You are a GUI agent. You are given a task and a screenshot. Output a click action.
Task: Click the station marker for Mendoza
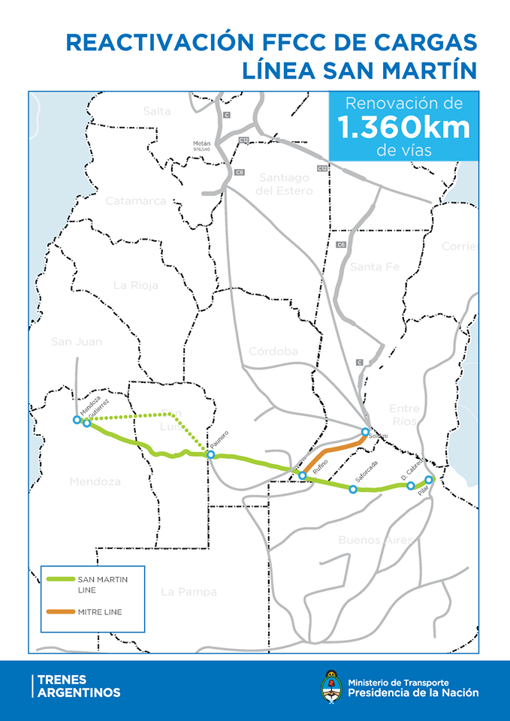point(77,419)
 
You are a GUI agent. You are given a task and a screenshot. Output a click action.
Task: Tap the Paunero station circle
point(211,454)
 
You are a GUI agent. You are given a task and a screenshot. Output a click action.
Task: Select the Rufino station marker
point(303,475)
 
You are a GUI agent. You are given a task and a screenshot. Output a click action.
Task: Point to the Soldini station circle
point(365,432)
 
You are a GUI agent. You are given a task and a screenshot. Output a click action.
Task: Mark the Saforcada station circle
point(353,489)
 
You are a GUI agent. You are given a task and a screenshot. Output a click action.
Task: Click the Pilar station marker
point(429,479)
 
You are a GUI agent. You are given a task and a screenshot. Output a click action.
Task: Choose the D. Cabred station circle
point(410,486)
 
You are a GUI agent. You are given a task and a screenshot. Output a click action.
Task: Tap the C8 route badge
point(239,173)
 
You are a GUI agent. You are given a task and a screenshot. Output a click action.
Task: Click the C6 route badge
point(341,245)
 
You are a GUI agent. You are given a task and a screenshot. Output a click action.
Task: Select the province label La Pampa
point(189,592)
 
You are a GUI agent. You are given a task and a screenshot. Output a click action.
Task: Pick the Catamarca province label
point(135,201)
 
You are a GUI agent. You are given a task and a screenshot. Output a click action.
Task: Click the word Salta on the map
point(157,111)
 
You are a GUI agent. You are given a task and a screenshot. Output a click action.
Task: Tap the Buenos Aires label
point(375,540)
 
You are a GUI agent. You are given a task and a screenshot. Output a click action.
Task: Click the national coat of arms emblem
point(329,686)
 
